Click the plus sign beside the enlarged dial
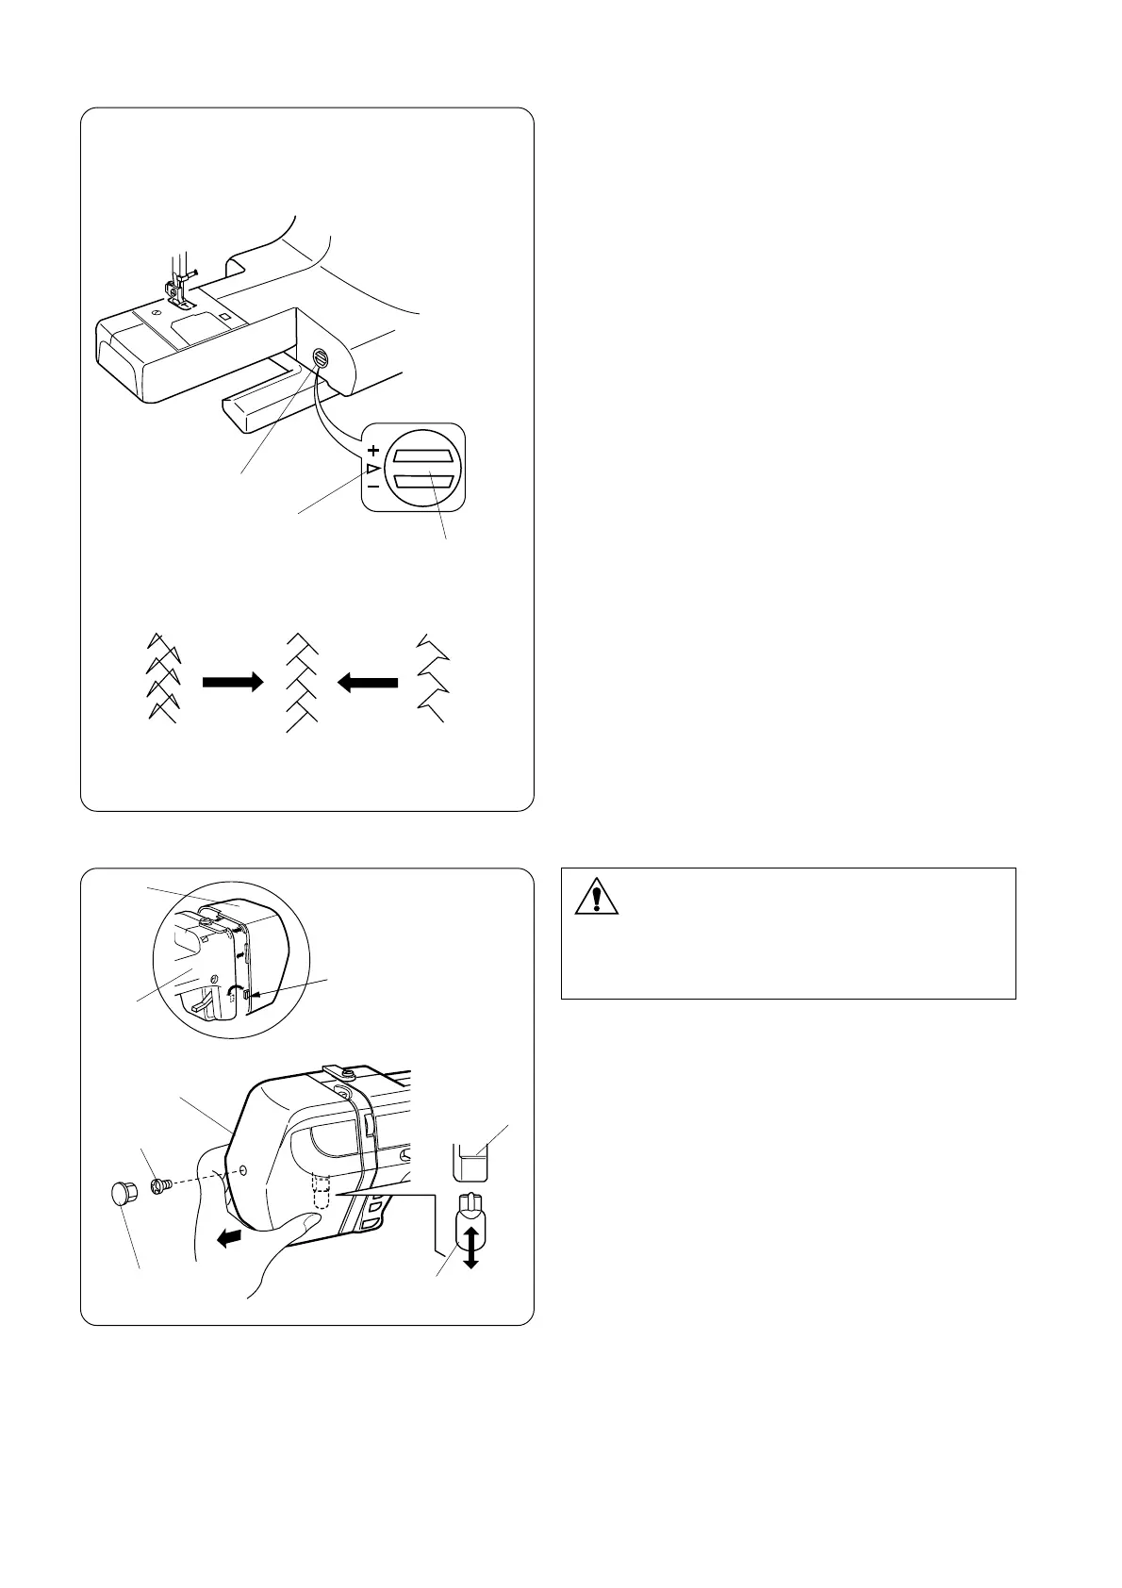374,451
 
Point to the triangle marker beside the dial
374,469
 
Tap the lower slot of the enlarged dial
423,481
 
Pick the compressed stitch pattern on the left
161,677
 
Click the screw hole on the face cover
244,1169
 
